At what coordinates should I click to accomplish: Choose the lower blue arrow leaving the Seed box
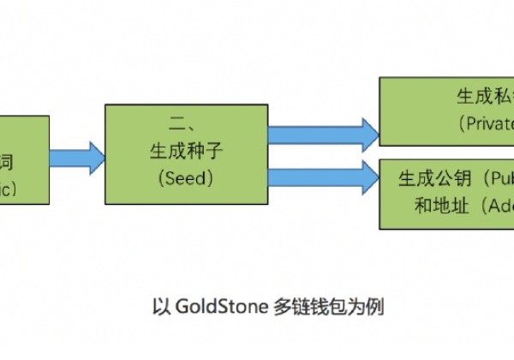pos(324,178)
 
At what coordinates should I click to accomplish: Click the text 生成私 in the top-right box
pos(485,97)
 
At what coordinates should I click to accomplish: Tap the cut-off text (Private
pos(487,122)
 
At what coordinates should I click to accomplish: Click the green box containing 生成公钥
pos(446,192)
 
